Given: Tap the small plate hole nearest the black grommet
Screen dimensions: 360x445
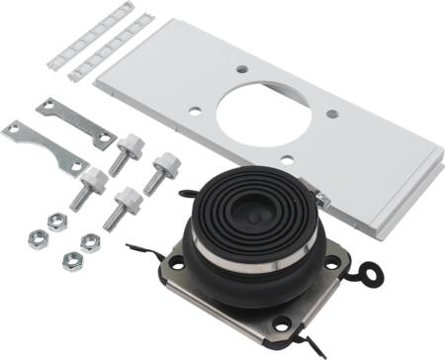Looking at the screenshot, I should point(286,159).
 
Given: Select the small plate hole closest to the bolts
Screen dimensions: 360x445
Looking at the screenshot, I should point(196,110).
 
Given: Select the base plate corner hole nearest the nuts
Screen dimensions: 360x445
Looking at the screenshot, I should point(177,262).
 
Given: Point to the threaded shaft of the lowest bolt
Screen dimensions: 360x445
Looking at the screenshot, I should point(113,216).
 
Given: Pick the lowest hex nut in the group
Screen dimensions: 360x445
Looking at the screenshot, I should point(72,260).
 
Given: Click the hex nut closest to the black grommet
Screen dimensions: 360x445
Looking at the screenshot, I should point(90,239).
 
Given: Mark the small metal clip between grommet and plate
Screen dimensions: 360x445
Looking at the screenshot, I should point(321,200).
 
